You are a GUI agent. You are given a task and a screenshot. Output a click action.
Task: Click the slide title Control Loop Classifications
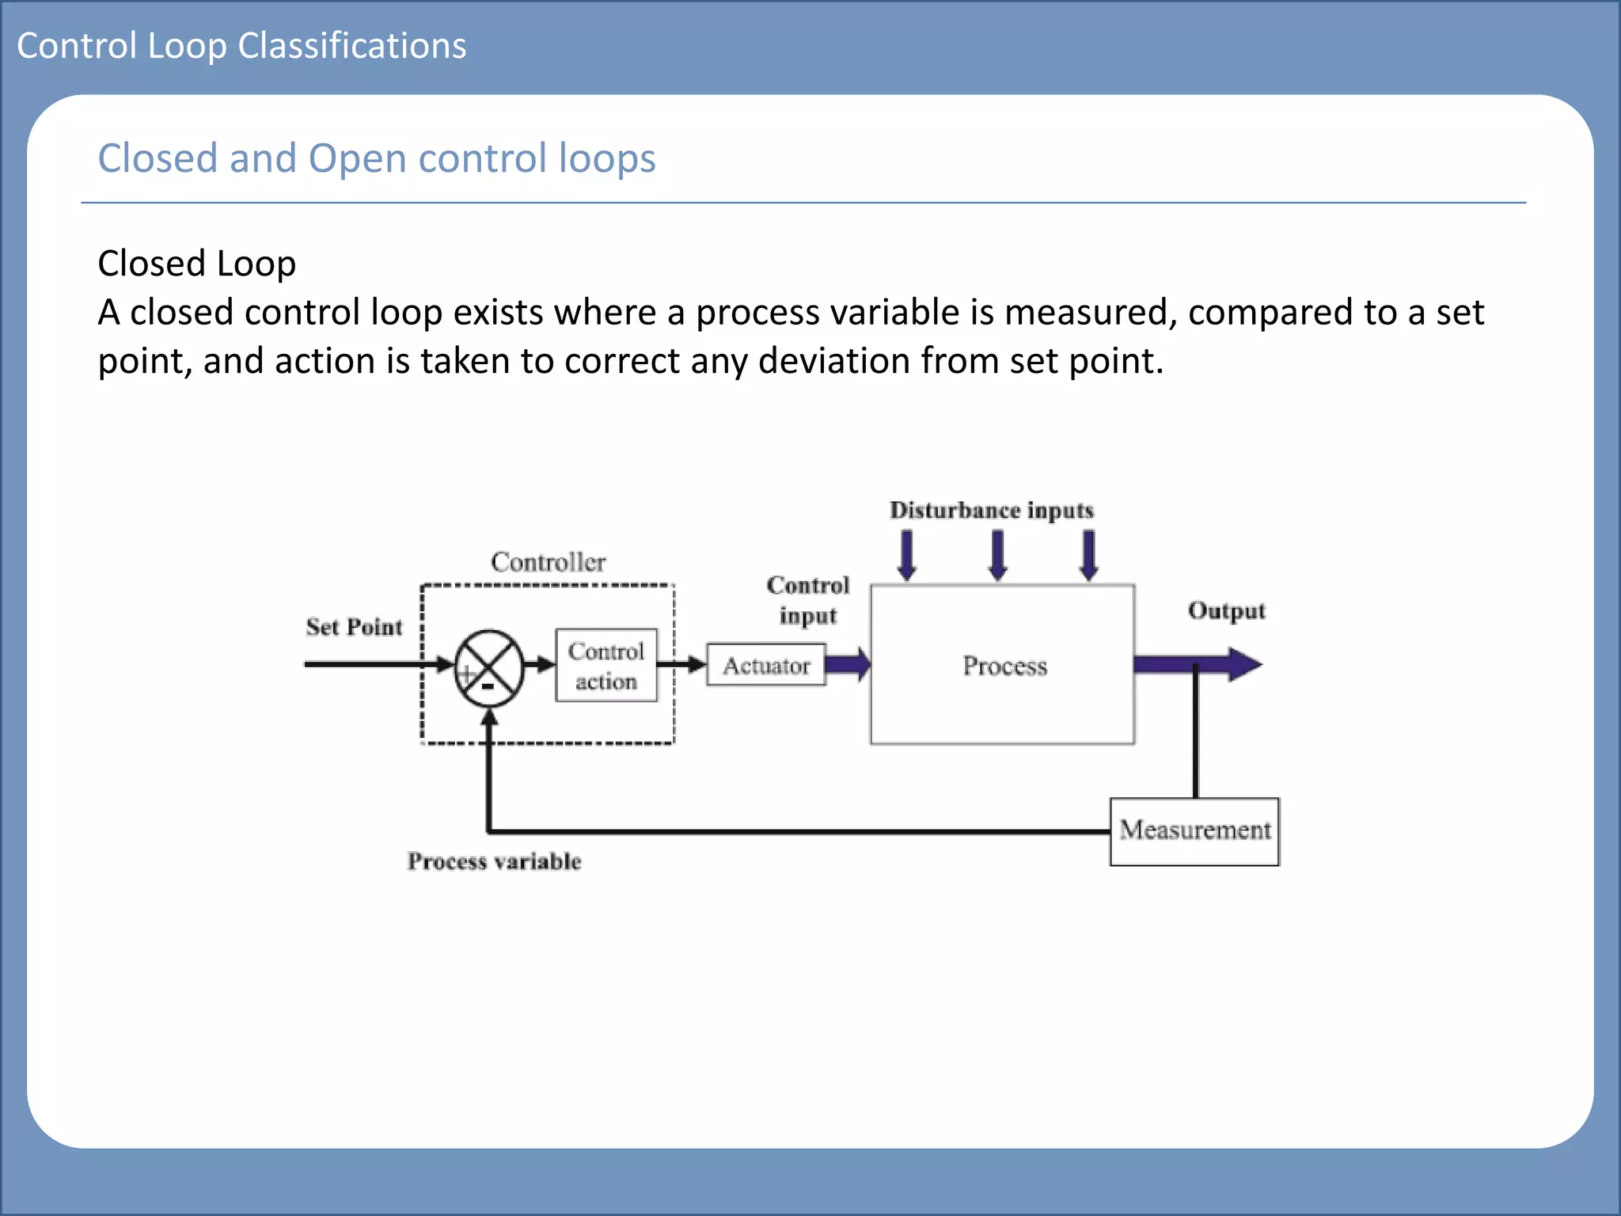[241, 46]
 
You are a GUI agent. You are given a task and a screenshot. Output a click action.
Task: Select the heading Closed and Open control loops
[377, 158]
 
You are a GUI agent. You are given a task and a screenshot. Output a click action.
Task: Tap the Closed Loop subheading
[196, 264]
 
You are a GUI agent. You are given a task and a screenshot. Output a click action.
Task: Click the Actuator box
[765, 665]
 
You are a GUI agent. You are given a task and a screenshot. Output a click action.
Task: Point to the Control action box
[606, 666]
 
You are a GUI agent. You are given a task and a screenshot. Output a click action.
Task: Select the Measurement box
[1194, 831]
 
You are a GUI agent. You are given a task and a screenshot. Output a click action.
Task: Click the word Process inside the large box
[1004, 666]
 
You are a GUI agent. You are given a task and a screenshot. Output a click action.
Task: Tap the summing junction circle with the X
[489, 667]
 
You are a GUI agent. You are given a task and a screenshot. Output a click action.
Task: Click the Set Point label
[354, 627]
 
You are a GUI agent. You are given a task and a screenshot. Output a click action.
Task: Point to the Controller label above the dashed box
[548, 562]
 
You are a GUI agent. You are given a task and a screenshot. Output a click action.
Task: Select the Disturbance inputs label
[992, 510]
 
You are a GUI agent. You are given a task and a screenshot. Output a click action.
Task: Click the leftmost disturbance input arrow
[907, 555]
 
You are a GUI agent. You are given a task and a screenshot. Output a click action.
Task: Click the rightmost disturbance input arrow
[1089, 555]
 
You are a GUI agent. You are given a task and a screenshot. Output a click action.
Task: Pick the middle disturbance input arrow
[998, 555]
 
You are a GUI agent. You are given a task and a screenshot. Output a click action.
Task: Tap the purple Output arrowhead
[1244, 664]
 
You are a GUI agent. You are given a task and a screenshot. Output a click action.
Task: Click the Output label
[1226, 611]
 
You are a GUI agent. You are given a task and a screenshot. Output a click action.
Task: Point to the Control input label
[808, 600]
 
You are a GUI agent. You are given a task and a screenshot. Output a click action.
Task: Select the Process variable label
[494, 861]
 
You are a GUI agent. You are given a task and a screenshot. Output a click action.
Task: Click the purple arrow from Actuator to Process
[848, 663]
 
